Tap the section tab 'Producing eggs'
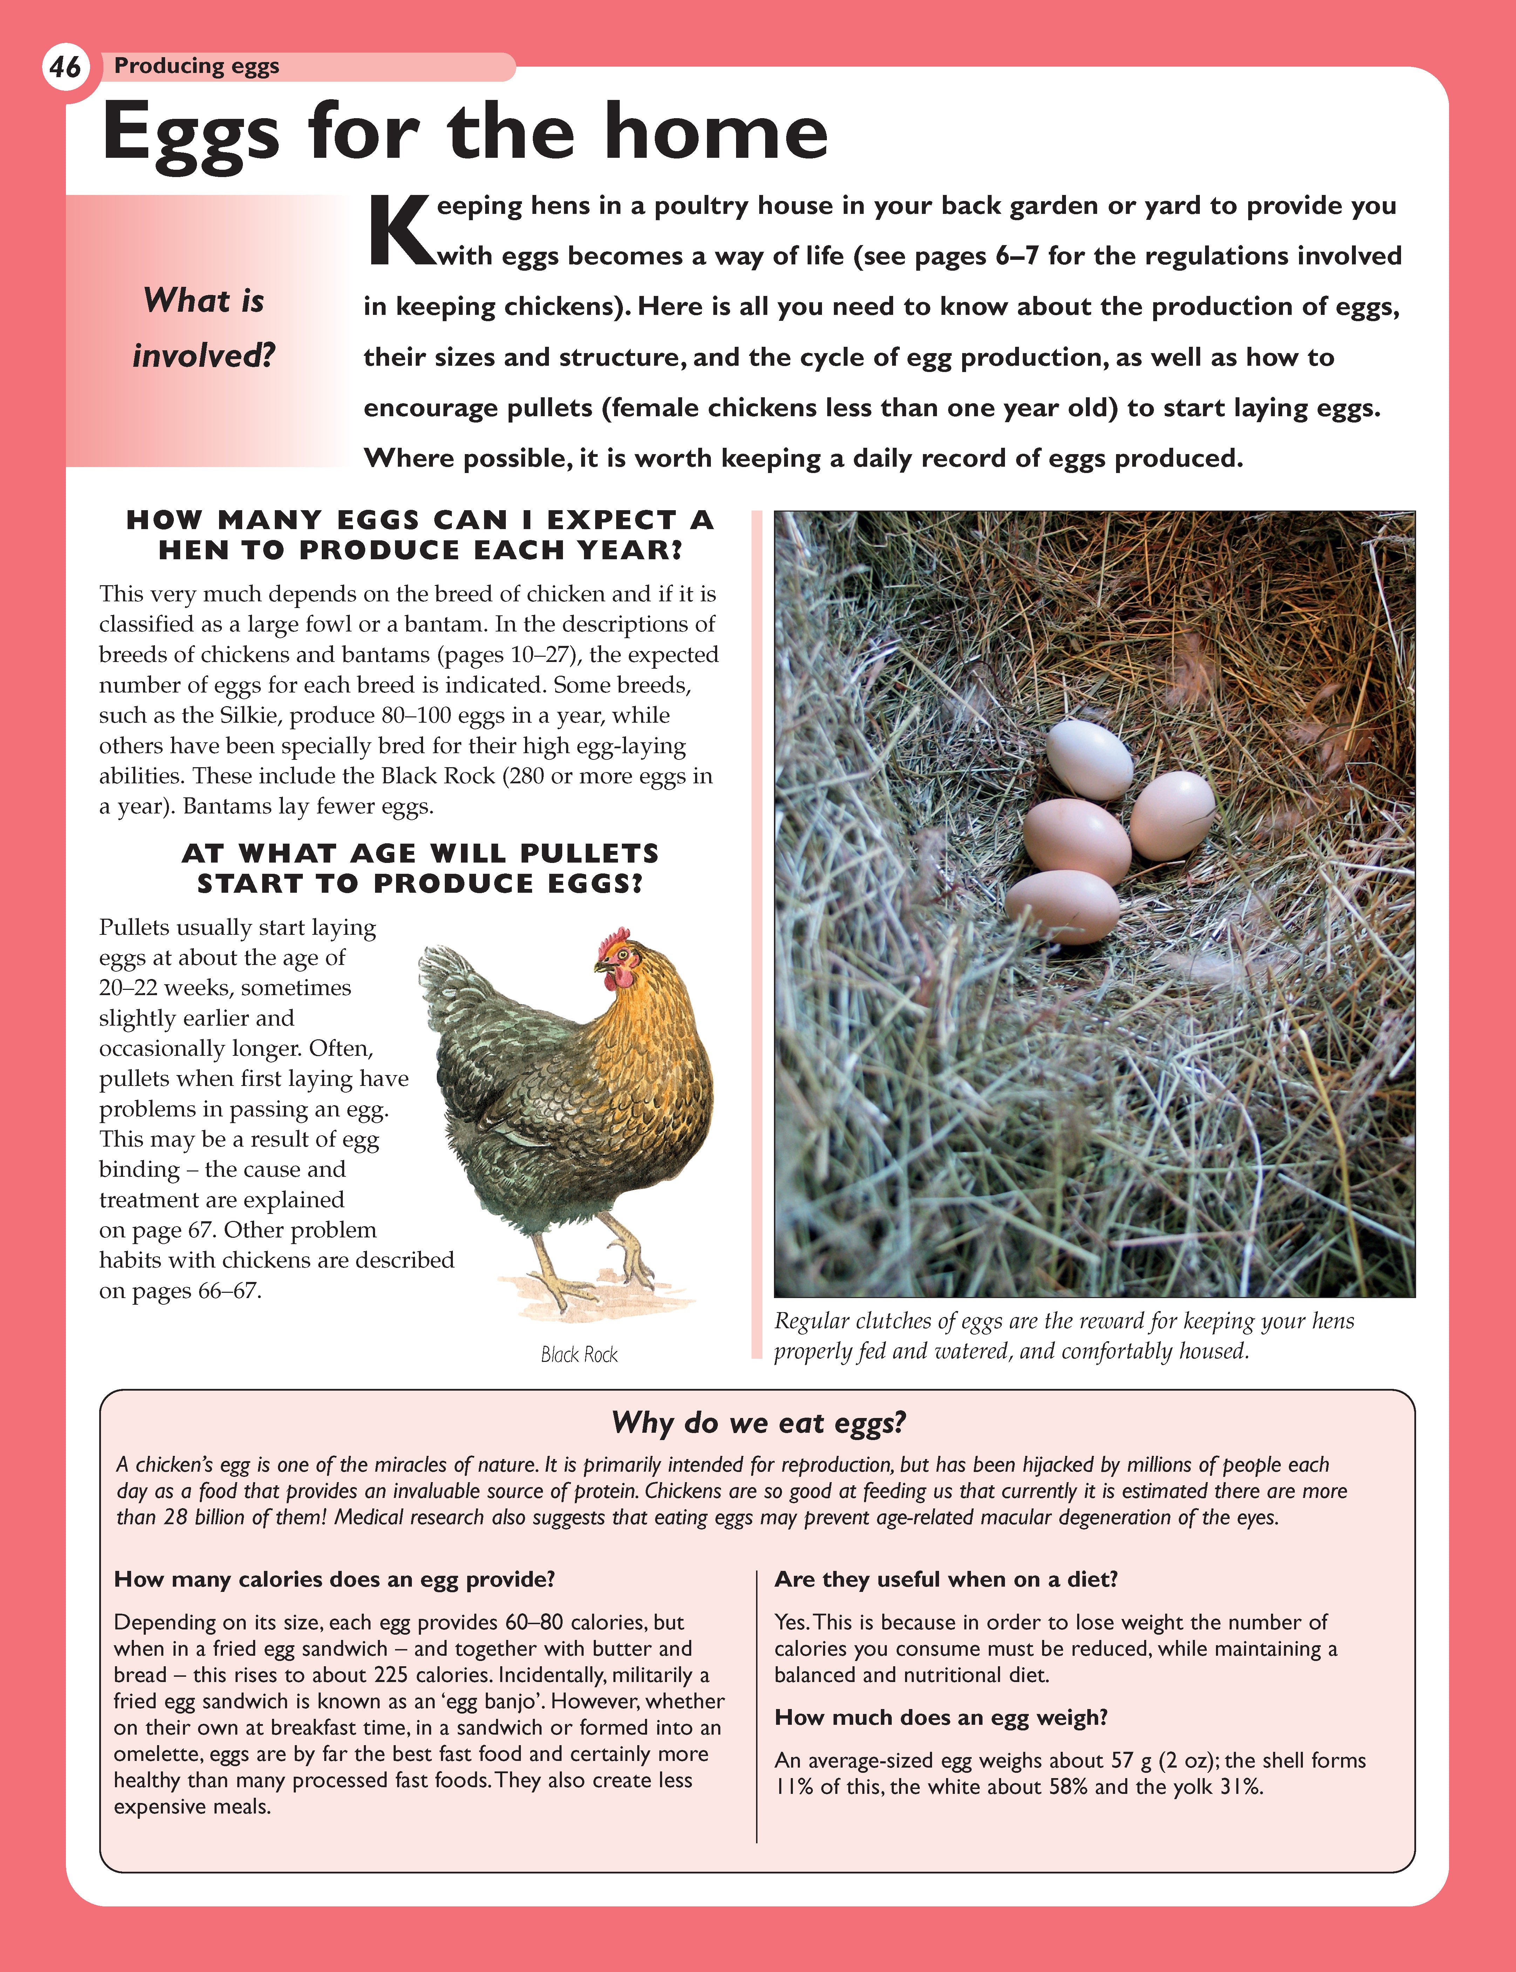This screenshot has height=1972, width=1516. [197, 66]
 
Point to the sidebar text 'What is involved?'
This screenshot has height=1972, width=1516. [204, 327]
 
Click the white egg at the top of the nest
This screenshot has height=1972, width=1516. [1089, 758]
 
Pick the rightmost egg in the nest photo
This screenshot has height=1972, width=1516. [1172, 814]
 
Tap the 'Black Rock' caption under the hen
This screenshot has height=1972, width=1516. [579, 1355]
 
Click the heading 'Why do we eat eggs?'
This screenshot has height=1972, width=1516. [758, 1423]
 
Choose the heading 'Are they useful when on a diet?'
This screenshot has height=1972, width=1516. [946, 1579]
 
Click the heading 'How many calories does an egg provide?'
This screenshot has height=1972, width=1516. [334, 1579]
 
